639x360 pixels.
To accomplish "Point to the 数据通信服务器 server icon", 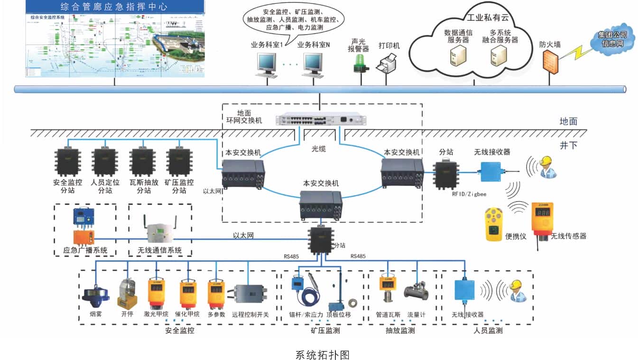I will pyautogui.click(x=458, y=57).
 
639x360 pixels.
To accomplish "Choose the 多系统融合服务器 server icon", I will pyautogui.click(x=499, y=57).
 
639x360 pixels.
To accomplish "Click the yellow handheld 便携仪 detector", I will pyautogui.click(x=493, y=224).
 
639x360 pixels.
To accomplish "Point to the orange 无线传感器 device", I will pyautogui.click(x=542, y=223).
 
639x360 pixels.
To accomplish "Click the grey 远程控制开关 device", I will pyautogui.click(x=250, y=294).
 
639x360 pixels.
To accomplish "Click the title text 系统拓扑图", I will pyautogui.click(x=322, y=354).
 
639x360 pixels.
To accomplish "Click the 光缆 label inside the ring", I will pyautogui.click(x=319, y=148).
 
